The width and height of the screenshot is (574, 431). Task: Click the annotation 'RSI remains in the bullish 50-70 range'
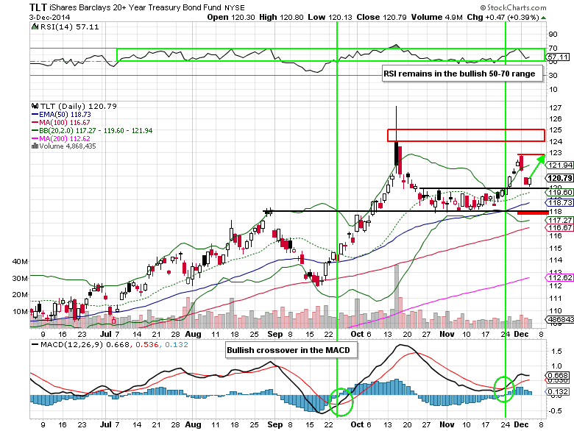point(463,74)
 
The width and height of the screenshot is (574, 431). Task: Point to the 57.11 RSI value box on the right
point(559,57)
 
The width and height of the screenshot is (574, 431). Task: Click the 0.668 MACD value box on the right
point(560,375)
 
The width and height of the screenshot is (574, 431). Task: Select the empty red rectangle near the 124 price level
point(466,135)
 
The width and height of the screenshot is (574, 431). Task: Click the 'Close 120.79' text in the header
point(355,16)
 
